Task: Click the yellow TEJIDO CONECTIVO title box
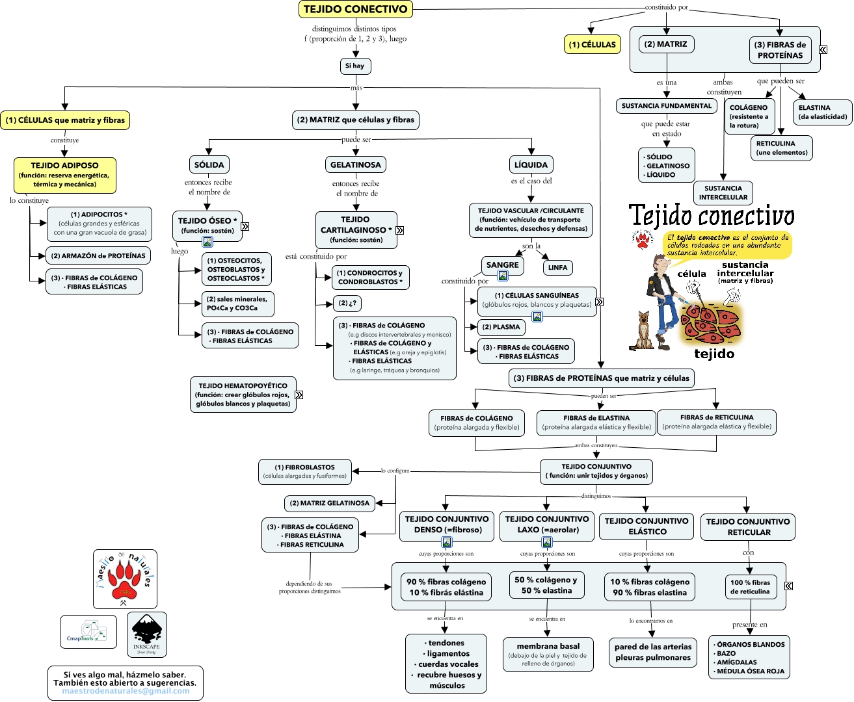pyautogui.click(x=355, y=9)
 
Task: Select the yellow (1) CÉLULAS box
pyautogui.click(x=592, y=44)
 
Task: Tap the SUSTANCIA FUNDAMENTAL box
pyautogui.click(x=667, y=106)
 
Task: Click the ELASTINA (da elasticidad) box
pyautogui.click(x=822, y=112)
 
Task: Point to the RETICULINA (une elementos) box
pyautogui.click(x=781, y=148)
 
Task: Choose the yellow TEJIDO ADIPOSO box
pyautogui.click(x=64, y=175)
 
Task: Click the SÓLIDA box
pyautogui.click(x=209, y=165)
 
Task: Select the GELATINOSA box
pyautogui.click(x=355, y=165)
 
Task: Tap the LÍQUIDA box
pyautogui.click(x=531, y=165)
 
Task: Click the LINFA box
pyautogui.click(x=557, y=267)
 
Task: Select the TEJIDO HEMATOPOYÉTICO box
pyautogui.click(x=243, y=395)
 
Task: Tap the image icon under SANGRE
pyautogui.click(x=503, y=276)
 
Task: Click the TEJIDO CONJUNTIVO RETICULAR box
pyautogui.click(x=747, y=526)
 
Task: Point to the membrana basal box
pyautogui.click(x=548, y=654)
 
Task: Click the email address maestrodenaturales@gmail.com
pyautogui.click(x=126, y=691)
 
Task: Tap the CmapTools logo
pyautogui.click(x=88, y=632)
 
